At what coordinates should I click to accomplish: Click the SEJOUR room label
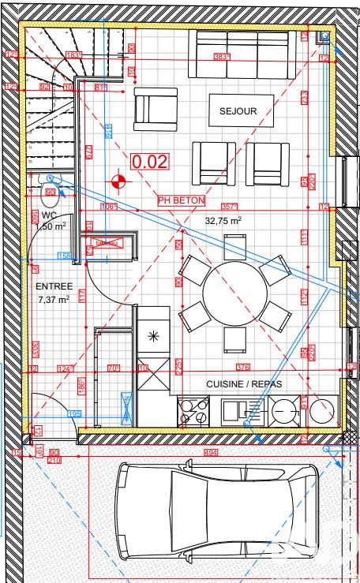coord(238,111)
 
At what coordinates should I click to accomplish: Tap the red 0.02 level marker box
coord(150,162)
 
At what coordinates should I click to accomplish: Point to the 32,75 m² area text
coord(223,222)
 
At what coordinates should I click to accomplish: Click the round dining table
coord(235,294)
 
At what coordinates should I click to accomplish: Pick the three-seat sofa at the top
coord(242,54)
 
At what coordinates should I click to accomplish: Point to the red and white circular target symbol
coord(118,183)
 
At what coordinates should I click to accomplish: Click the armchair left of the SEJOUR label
coord(156,109)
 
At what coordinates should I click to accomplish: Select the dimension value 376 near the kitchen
coord(243,367)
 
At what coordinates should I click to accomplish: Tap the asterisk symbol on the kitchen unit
coord(153,336)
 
